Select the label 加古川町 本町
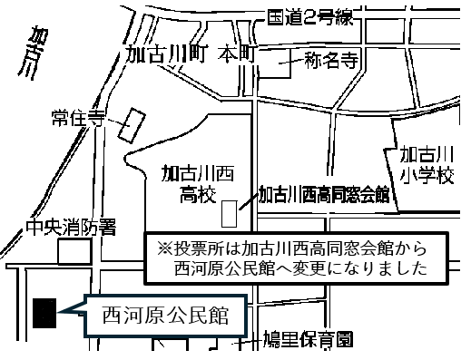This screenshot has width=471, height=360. coord(191,54)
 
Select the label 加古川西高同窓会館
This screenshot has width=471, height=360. coord(324,194)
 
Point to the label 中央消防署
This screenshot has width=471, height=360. coord(70,229)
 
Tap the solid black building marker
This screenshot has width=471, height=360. coord(44,312)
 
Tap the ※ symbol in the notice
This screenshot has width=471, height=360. coord(164,248)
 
